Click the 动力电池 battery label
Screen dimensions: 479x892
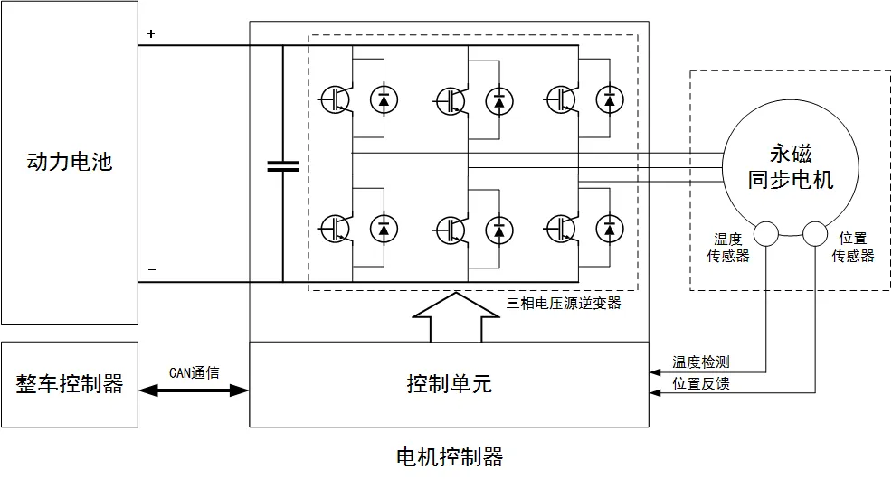pos(70,164)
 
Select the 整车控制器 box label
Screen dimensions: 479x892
pos(70,383)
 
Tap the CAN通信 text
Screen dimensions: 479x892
pos(194,371)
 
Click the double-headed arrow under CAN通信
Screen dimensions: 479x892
pos(194,390)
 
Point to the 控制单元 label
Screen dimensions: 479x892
pos(449,384)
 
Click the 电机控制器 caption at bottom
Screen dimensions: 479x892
pos(450,456)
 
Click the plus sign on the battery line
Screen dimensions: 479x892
pos(151,34)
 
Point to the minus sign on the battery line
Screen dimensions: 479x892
pos(151,269)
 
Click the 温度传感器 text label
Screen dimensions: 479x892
pos(728,248)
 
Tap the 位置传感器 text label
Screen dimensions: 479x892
pos(853,248)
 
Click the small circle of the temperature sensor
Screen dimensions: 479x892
pos(767,234)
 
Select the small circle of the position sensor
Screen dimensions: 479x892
pos(815,234)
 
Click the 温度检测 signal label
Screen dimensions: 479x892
pos(701,362)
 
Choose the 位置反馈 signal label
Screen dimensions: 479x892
pos(701,384)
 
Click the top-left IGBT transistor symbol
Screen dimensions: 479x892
pos(335,99)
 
